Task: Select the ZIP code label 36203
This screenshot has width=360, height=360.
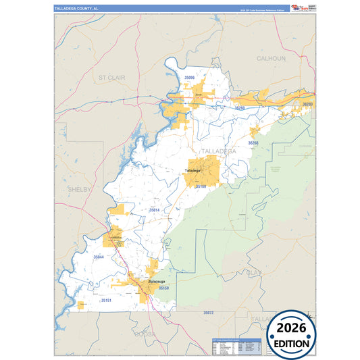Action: click(x=307, y=105)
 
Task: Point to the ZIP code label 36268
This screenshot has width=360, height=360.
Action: click(x=253, y=143)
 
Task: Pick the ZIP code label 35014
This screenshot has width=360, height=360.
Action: click(x=154, y=211)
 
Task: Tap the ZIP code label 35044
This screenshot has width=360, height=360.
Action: click(x=99, y=257)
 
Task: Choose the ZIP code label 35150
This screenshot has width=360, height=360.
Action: click(x=163, y=288)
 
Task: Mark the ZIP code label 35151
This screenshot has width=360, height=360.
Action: click(x=106, y=299)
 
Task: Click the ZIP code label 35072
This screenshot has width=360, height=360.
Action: click(x=208, y=313)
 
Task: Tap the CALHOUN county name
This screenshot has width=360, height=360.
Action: click(x=271, y=59)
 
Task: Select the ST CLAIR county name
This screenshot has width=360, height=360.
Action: click(x=113, y=78)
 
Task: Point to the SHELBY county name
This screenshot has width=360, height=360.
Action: click(x=79, y=190)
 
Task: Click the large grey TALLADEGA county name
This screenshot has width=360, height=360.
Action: click(x=218, y=151)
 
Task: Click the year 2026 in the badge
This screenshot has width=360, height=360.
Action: click(x=291, y=329)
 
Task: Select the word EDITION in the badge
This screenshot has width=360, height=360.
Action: click(x=291, y=343)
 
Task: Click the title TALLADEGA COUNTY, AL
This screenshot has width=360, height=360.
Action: click(x=76, y=9)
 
